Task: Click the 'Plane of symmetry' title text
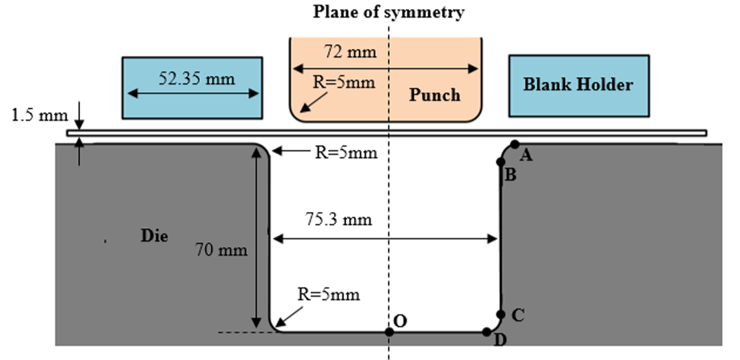pos(388,12)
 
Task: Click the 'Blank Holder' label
pos(578,84)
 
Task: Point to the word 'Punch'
pos(434,95)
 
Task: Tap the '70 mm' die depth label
pos(221,250)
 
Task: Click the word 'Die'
pos(154,236)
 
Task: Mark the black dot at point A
pos(515,144)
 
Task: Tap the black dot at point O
pos(389,332)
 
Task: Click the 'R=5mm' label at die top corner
pos(345,152)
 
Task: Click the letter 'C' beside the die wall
pos(518,316)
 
